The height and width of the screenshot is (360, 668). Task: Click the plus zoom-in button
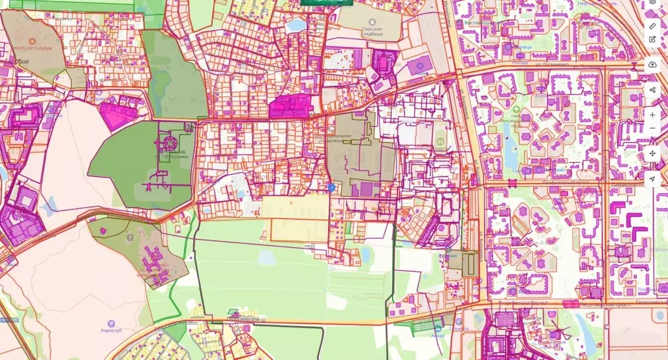click(x=652, y=115)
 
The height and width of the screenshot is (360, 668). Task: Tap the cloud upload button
click(x=652, y=64)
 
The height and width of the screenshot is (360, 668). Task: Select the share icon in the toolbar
click(x=652, y=89)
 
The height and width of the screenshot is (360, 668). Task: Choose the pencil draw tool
click(x=652, y=25)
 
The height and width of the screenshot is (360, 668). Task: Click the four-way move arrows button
click(x=652, y=153)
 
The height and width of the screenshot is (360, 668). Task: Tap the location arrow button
click(x=652, y=179)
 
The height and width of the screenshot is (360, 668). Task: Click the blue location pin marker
click(x=331, y=187)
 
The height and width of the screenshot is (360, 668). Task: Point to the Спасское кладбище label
click(x=376, y=32)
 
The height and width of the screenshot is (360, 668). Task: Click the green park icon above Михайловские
click(x=516, y=110)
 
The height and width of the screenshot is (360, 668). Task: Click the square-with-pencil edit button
click(x=652, y=39)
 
